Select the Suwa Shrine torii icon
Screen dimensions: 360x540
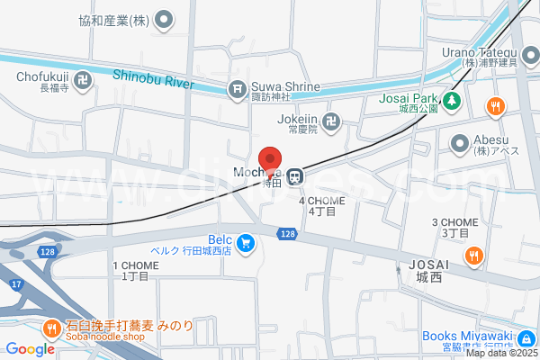[x=237, y=88]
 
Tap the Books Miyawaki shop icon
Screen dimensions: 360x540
[x=525, y=338]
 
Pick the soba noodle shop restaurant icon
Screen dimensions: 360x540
[x=52, y=328]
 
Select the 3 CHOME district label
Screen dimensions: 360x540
[x=454, y=222]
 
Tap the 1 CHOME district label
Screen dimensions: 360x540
[x=135, y=265]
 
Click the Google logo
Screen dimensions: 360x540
[x=30, y=349]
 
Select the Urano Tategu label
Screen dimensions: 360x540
[x=478, y=51]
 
